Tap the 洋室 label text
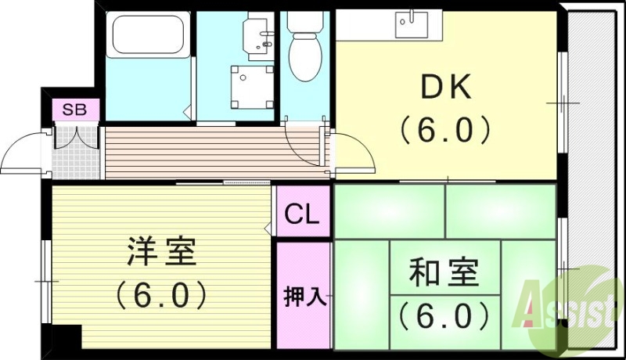[x=162, y=254]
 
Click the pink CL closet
[x=302, y=214]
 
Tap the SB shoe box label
[x=76, y=110]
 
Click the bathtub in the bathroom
[x=147, y=36]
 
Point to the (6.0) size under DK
[x=446, y=129]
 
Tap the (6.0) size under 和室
[x=444, y=315]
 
